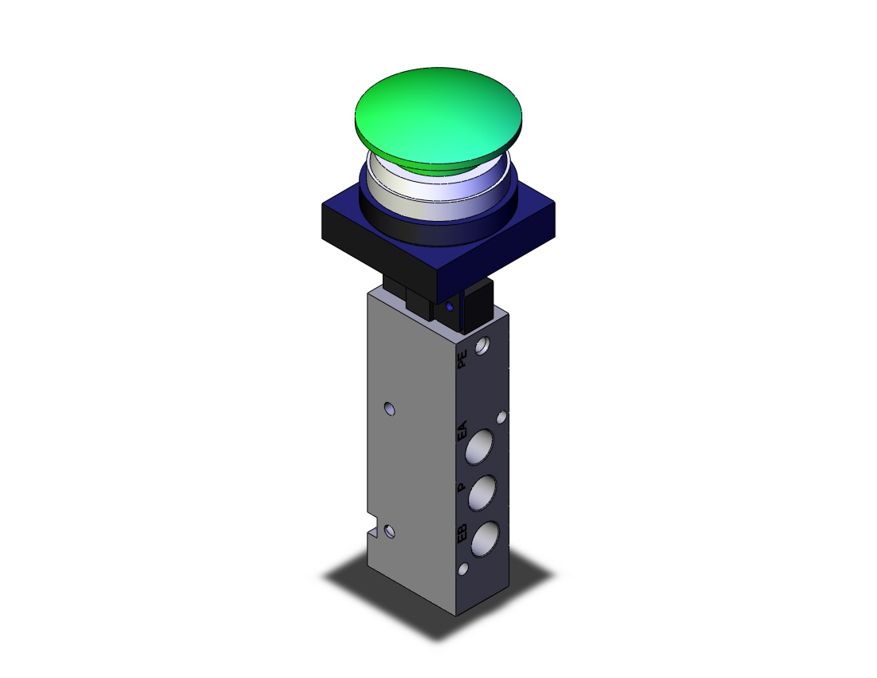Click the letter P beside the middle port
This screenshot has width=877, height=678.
click(462, 487)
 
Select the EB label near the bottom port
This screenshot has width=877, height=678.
click(462, 533)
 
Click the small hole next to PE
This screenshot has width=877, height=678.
click(482, 346)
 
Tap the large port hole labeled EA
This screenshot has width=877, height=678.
click(479, 447)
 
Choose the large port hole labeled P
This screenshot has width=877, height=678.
click(482, 494)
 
